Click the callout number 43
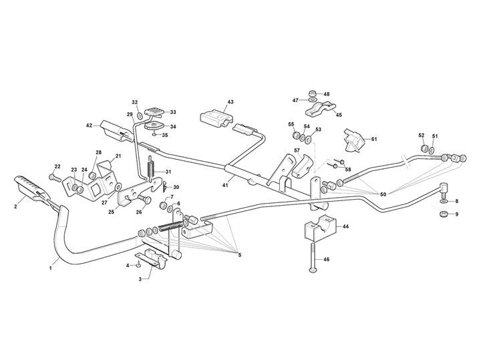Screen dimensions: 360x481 coord(230,102)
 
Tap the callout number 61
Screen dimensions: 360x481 coord(374,139)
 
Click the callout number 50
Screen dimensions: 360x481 coord(383,194)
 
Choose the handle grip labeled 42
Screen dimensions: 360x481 coord(116,130)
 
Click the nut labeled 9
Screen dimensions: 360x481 coord(444,214)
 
